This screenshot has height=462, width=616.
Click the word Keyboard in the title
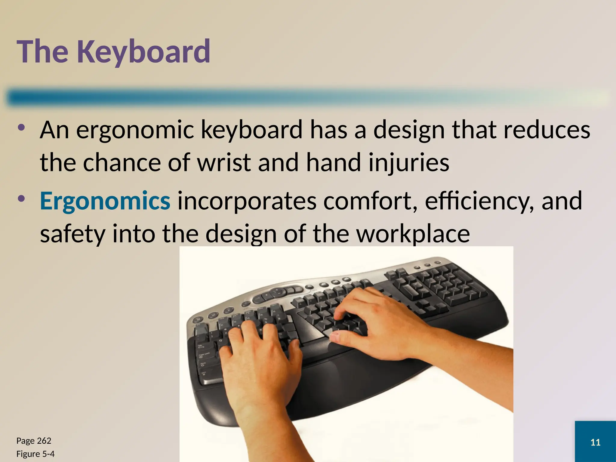144,52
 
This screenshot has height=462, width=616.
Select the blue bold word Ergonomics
105,201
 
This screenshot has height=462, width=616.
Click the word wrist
224,162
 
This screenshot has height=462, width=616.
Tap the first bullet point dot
21,128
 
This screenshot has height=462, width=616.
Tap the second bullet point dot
21,199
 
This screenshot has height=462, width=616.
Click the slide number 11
595,442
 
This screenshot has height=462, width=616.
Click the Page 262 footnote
34,441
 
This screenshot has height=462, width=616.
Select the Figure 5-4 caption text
35,454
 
